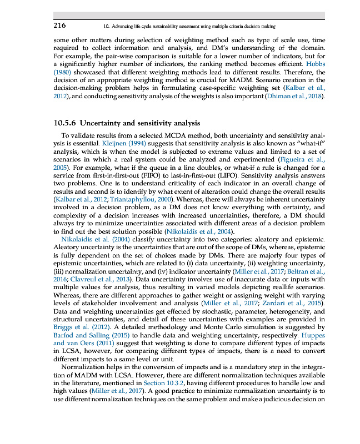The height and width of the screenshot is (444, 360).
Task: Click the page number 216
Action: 60,26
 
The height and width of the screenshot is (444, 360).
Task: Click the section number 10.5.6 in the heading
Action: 66,123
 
